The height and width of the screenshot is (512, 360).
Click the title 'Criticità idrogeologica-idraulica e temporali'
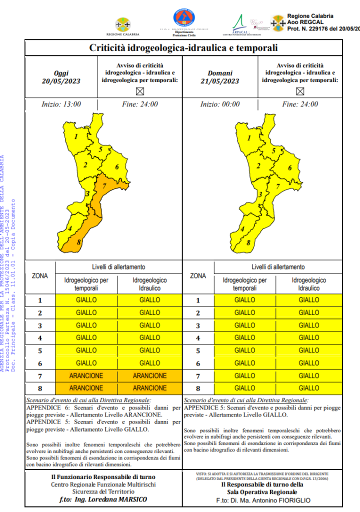[x=183, y=48]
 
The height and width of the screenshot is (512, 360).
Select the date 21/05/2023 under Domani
[x=220, y=81]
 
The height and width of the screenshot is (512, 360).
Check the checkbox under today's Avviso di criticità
[x=140, y=91]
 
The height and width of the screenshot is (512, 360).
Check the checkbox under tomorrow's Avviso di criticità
[x=300, y=91]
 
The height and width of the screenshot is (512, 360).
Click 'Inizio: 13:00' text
[x=61, y=104]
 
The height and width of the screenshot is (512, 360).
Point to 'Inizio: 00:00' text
[x=220, y=104]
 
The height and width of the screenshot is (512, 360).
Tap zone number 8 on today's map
[x=78, y=243]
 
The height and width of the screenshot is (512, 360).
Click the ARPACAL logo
[x=241, y=23]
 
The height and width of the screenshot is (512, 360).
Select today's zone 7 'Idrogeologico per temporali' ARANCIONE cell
[x=86, y=375]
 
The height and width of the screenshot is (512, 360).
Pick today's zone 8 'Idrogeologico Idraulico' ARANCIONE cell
[x=149, y=388]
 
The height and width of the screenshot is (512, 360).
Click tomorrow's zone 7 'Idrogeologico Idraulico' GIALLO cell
[x=308, y=375]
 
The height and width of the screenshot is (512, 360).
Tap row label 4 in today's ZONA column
[x=40, y=338]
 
